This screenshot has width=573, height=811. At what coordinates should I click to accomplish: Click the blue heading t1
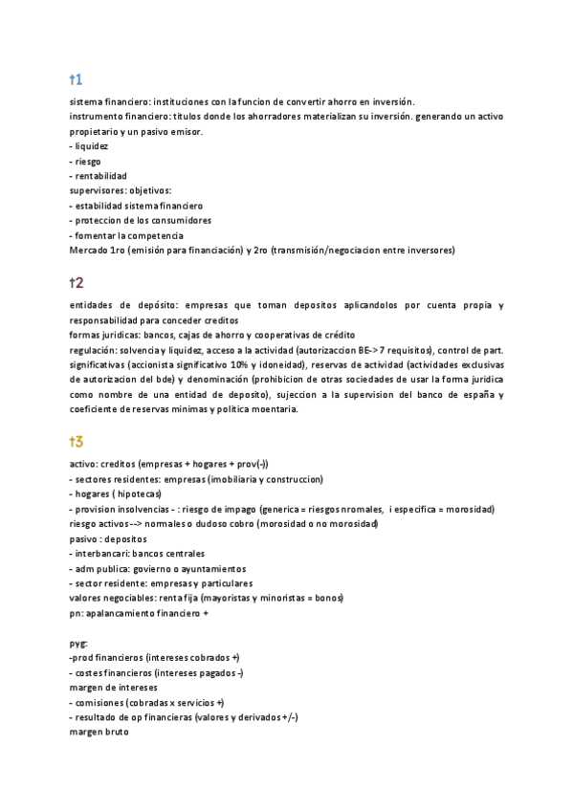point(76,78)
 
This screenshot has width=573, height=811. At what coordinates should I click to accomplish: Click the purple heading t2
point(77,283)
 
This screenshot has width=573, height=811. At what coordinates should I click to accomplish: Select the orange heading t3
point(77,441)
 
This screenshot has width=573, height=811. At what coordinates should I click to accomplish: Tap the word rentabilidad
point(101,176)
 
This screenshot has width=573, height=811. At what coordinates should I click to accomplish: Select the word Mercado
point(89,251)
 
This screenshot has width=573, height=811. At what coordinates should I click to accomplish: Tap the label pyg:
point(78,643)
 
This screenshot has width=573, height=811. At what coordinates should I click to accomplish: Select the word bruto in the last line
point(112,732)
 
